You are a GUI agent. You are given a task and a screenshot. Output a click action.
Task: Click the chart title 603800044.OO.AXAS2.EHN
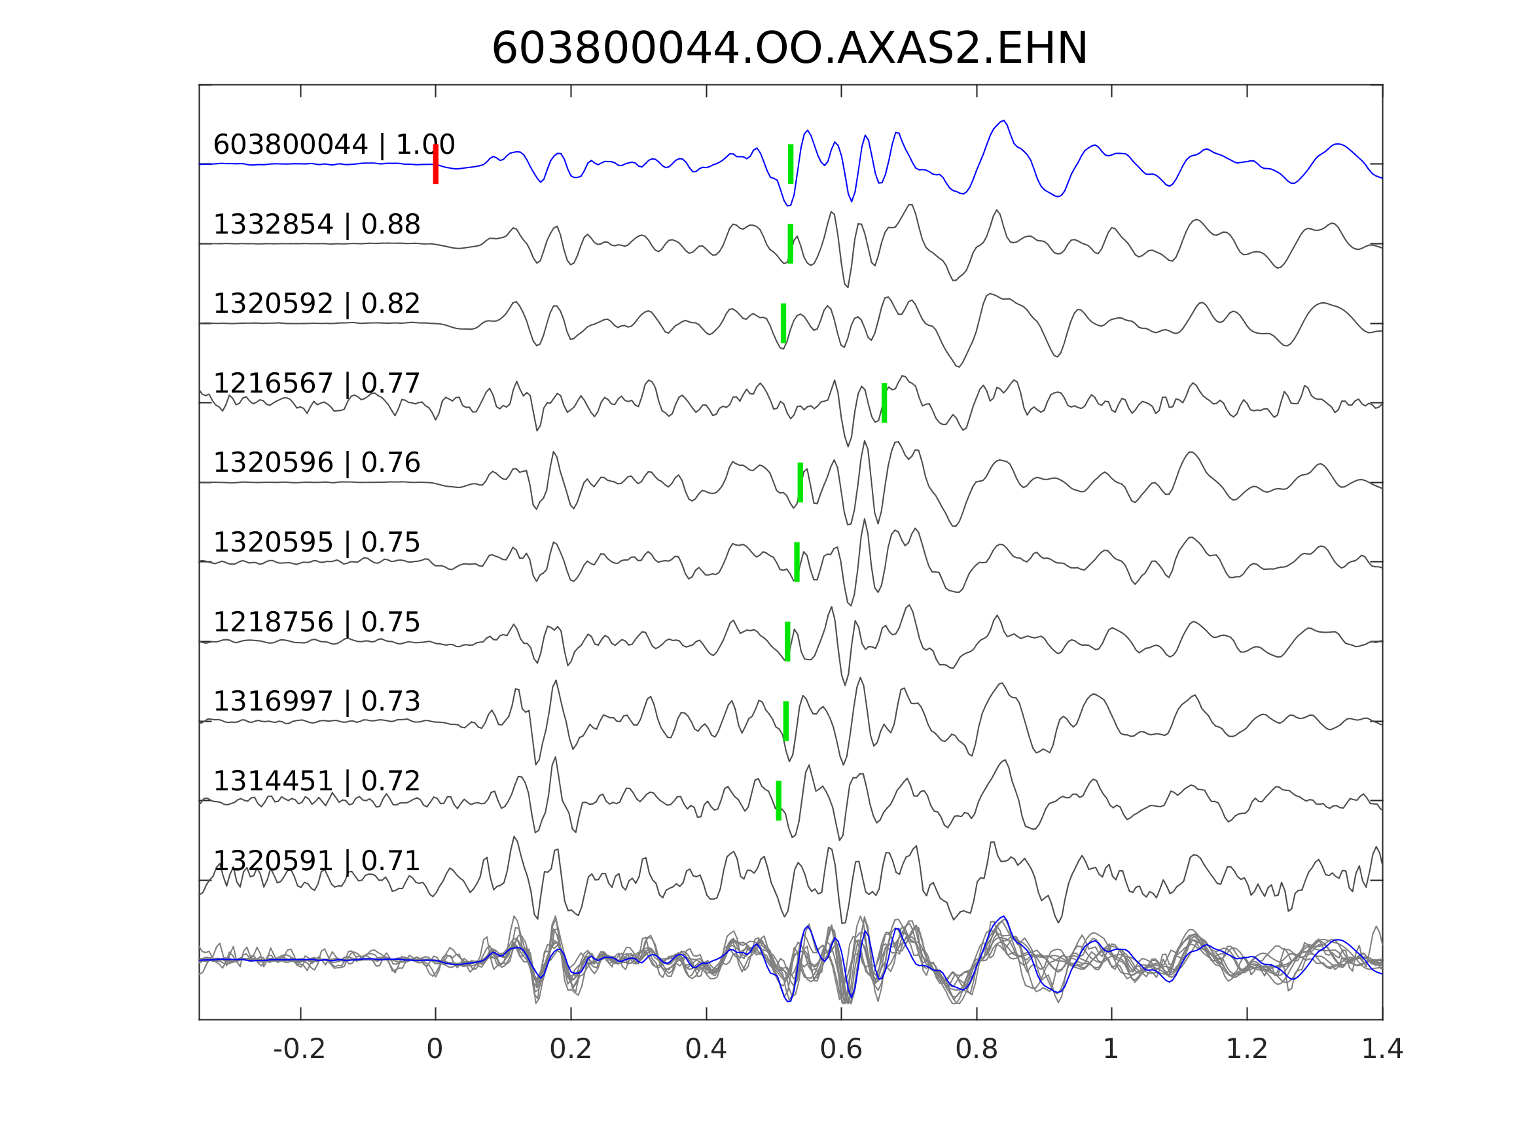click(789, 49)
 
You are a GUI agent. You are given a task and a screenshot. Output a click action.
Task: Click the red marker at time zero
click(436, 164)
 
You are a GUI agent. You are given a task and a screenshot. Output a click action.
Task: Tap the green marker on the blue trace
click(791, 164)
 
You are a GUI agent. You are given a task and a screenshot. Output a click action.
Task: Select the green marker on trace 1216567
click(884, 402)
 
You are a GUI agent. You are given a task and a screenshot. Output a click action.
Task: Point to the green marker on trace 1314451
click(779, 801)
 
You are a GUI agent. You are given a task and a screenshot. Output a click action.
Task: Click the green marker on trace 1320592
click(783, 323)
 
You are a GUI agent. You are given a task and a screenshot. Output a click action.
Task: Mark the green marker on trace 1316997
click(786, 720)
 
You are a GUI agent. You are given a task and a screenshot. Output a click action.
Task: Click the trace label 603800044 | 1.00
click(334, 145)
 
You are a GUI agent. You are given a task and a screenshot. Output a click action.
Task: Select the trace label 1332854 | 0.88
click(317, 224)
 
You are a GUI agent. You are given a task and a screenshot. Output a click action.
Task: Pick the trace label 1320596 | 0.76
click(317, 463)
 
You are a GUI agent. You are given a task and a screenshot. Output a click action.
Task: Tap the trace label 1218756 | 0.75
click(317, 622)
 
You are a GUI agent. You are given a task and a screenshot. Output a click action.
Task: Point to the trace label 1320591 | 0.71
click(317, 860)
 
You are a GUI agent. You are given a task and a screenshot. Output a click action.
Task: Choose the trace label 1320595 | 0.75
click(317, 542)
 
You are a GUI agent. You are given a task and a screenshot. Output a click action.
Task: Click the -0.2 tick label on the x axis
click(300, 1049)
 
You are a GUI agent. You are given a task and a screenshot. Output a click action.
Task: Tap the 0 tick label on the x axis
click(435, 1049)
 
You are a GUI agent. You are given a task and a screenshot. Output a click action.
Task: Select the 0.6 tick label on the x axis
click(841, 1049)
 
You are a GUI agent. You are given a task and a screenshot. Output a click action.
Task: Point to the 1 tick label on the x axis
click(1111, 1049)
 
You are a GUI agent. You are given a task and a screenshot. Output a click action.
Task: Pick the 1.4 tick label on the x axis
click(1382, 1049)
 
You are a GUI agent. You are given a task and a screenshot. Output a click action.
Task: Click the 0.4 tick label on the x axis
click(706, 1049)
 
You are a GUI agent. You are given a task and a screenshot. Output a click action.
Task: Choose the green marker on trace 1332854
click(791, 243)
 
